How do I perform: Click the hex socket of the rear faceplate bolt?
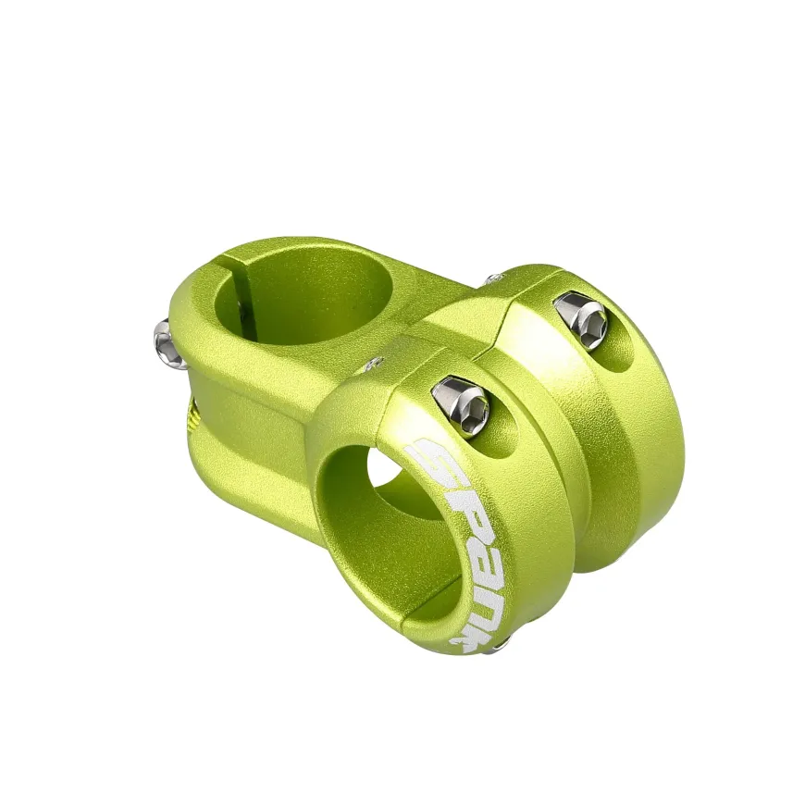pos(596,325)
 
